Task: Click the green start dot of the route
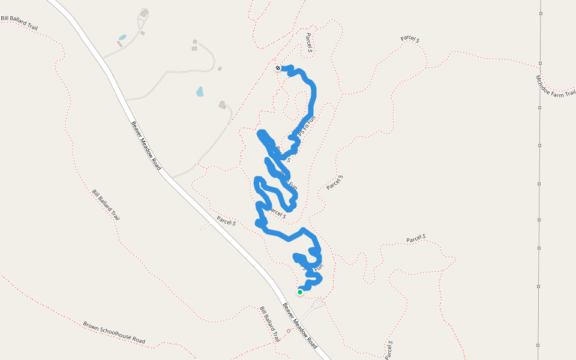coord(300,292)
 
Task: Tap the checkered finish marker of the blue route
coord(278,68)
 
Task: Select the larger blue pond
coord(200,91)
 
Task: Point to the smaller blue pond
coord(122,37)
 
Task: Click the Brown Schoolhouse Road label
coord(114,333)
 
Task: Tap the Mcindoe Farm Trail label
coord(555,85)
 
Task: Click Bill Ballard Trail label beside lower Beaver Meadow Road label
coord(270,324)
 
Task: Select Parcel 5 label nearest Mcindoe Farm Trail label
coord(410,39)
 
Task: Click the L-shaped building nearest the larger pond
coord(223,105)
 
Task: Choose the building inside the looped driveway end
coord(144,13)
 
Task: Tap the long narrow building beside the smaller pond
coord(119,44)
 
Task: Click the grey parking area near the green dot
coord(317,304)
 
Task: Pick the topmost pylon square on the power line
coord(540,13)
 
